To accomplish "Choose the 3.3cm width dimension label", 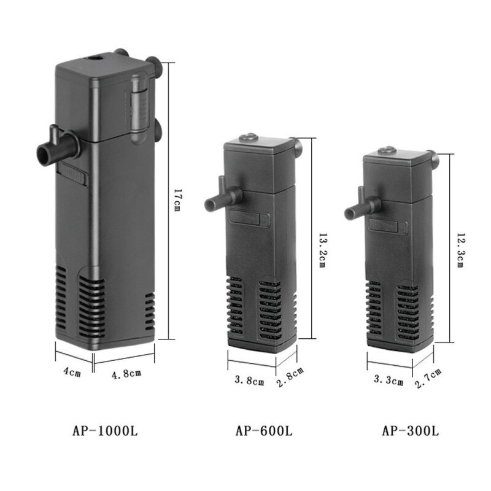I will [389, 381].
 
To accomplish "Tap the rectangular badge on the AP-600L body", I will [245, 217].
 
